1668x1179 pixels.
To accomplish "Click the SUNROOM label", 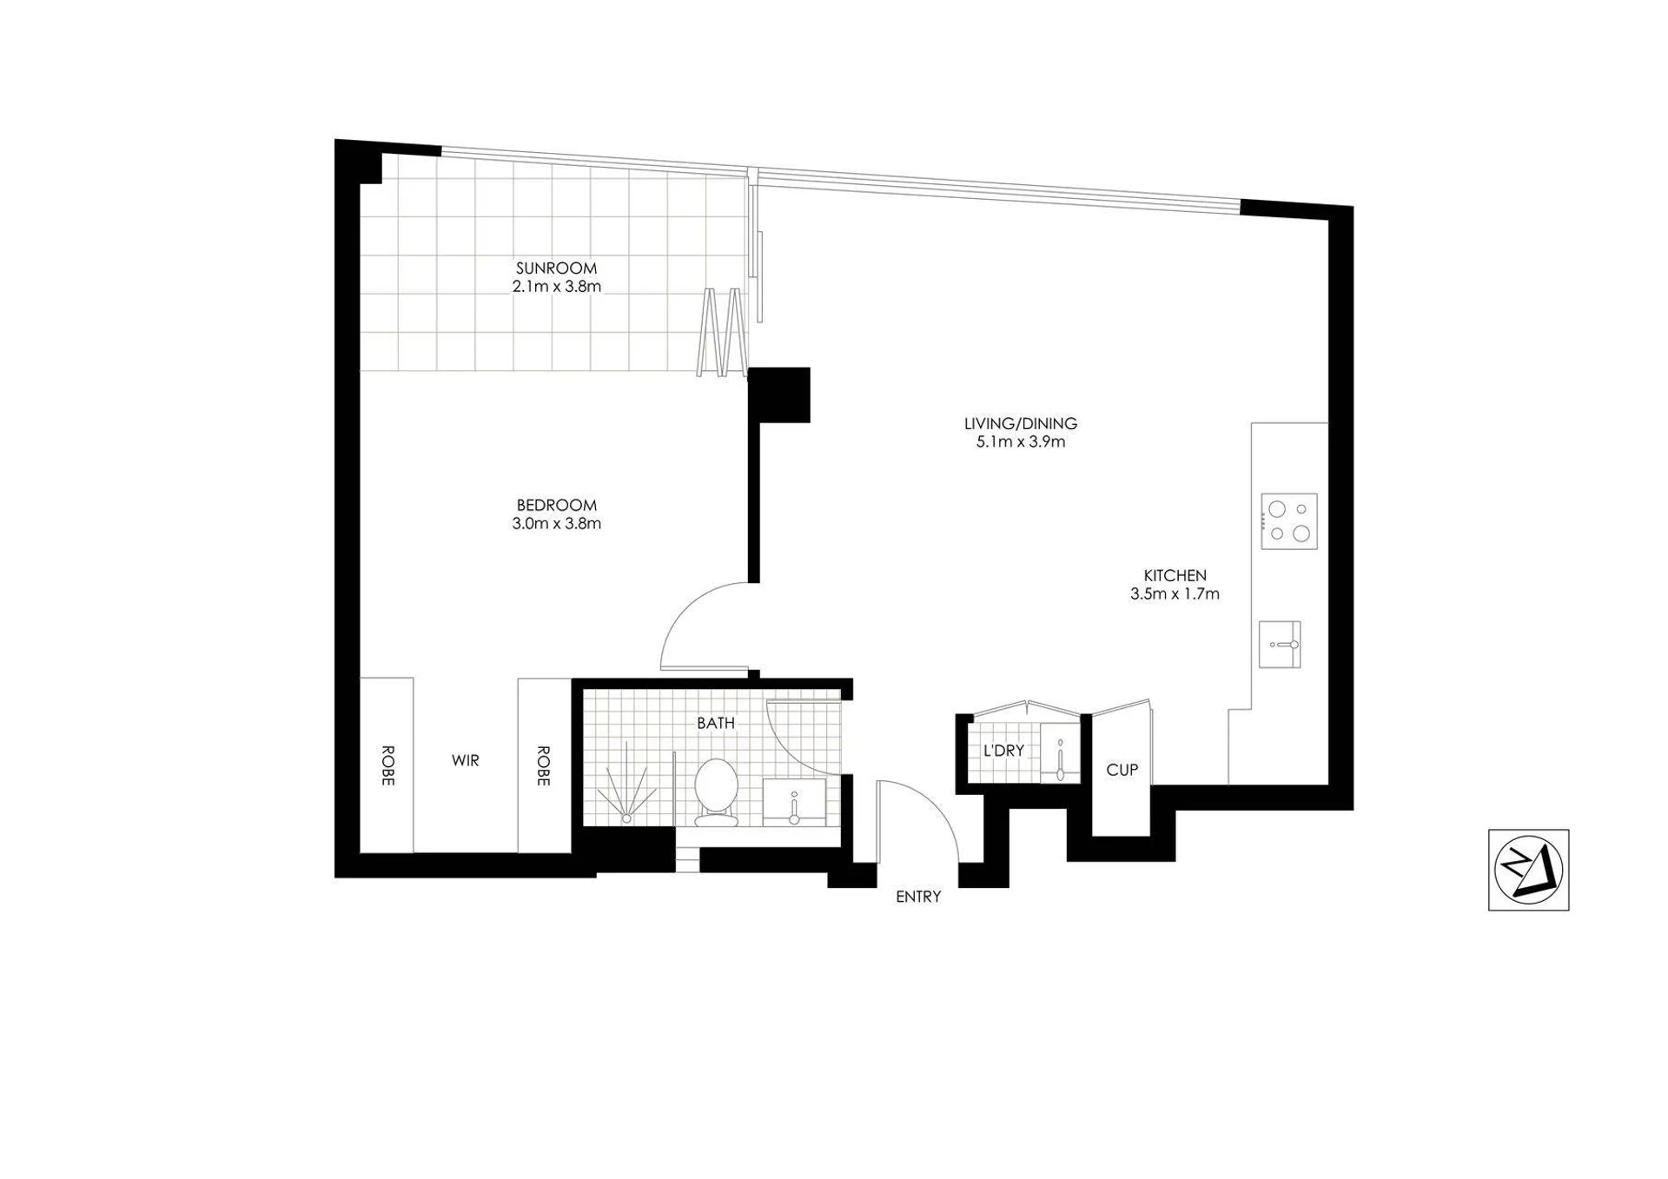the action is (x=556, y=268).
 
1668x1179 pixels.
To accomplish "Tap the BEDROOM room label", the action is (x=556, y=506).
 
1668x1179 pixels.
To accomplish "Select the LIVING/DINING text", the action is (x=1021, y=424).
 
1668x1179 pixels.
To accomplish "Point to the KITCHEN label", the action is (x=1175, y=576).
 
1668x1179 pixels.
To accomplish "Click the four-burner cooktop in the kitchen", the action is (x=1289, y=521).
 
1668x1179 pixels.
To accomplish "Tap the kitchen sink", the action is (x=1280, y=645).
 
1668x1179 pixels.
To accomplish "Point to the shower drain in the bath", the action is (x=626, y=818).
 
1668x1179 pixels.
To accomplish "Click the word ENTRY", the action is (x=918, y=897).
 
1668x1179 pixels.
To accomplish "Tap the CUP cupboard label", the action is (x=1122, y=770).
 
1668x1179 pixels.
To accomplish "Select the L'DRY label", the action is (x=1003, y=751).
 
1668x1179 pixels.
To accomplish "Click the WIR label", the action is (x=466, y=761).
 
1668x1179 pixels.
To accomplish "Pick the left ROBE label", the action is (x=387, y=765).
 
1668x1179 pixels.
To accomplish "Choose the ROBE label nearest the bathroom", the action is (x=543, y=765).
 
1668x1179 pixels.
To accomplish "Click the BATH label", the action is (x=716, y=723).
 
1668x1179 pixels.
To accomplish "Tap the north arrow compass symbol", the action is (x=1529, y=870).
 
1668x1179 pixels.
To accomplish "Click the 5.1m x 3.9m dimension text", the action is (x=1021, y=442).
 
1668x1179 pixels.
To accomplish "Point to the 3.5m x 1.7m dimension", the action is (x=1175, y=594).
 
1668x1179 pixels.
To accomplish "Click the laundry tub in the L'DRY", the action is (x=1060, y=752).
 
